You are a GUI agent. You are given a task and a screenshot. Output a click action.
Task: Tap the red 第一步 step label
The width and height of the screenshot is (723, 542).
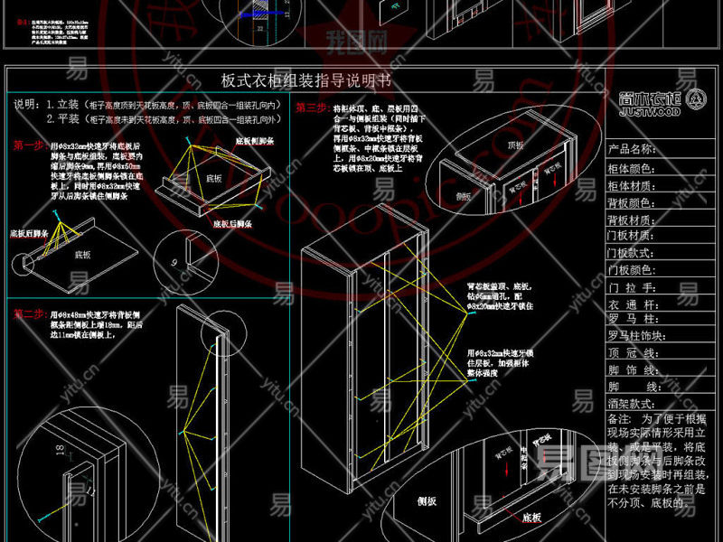point(28,145)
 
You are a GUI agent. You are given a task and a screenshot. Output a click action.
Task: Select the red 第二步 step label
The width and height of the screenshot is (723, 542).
point(30,313)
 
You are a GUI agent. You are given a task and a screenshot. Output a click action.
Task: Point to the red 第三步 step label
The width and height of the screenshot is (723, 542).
point(311,107)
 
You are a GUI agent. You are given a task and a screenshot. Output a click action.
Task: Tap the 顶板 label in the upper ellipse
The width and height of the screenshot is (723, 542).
point(516,144)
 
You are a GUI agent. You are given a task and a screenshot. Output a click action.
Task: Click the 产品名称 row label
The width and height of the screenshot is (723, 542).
point(632,149)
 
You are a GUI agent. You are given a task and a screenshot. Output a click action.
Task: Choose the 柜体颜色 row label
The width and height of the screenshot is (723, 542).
point(632,168)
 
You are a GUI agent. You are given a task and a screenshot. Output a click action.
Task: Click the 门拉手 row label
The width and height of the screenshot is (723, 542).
point(632,287)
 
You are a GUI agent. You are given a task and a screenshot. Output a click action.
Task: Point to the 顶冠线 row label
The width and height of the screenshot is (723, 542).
point(632,354)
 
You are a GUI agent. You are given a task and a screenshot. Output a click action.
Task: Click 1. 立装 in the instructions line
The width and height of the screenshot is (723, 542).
point(63,105)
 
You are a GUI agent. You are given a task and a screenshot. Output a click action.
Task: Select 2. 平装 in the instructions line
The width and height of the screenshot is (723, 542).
point(63,118)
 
